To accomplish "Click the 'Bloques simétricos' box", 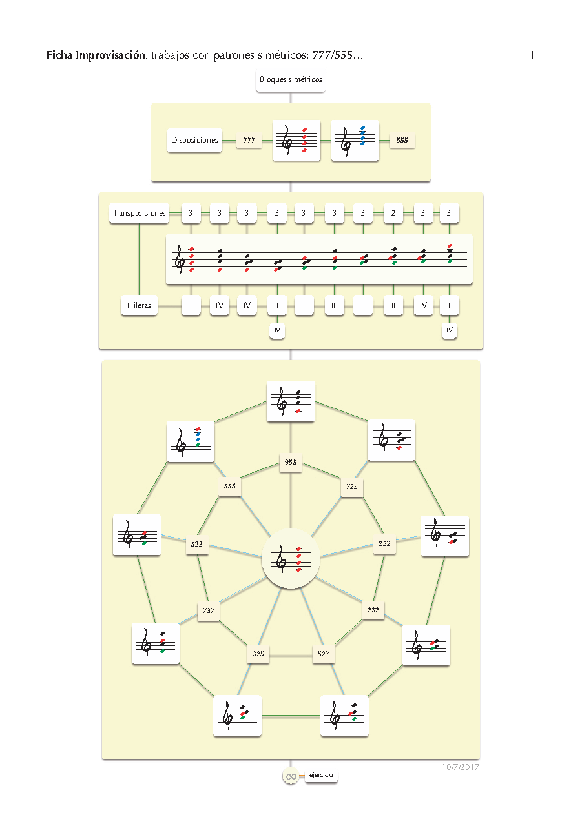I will point(291,80).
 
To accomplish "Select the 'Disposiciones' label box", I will point(194,140).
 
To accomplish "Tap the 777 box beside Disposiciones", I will point(249,140).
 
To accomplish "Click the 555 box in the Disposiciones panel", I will point(402,140).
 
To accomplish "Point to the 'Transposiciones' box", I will point(139,213).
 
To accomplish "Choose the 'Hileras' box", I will point(140,305).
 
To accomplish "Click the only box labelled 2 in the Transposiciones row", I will point(393,213).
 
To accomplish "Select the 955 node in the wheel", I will point(291,463).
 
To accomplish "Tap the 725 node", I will point(351,486).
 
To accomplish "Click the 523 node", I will point(196,544).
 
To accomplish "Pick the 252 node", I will point(384,543).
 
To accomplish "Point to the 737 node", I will point(208,610).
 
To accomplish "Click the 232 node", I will point(373,609).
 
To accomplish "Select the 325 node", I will point(258,654).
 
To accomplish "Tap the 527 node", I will point(324,654).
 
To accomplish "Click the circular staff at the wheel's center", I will point(291,559).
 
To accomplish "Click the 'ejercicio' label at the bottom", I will point(321,776).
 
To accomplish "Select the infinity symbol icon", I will point(291,776).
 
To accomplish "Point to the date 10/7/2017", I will point(461,767).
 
